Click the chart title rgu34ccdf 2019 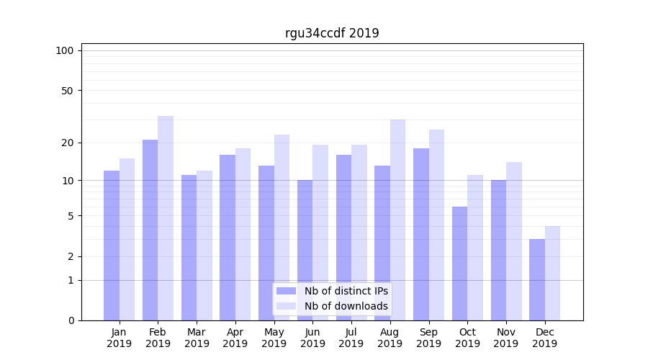tap(332, 33)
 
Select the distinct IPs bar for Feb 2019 tap(150, 230)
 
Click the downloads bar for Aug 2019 tap(397, 220)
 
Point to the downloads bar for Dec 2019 tap(552, 273)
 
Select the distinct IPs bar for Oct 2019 tap(459, 264)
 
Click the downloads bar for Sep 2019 tap(436, 225)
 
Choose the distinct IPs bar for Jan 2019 tap(112, 246)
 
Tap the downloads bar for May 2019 tap(282, 228)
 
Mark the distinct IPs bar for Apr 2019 tap(228, 238)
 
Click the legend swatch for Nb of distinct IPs tap(286, 291)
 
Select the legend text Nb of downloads tap(346, 306)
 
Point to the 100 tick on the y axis tap(65, 50)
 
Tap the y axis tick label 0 tap(71, 320)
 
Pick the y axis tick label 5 tap(71, 216)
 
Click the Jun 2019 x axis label tap(312, 338)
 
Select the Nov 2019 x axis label tap(506, 338)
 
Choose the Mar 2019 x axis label tap(197, 338)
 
